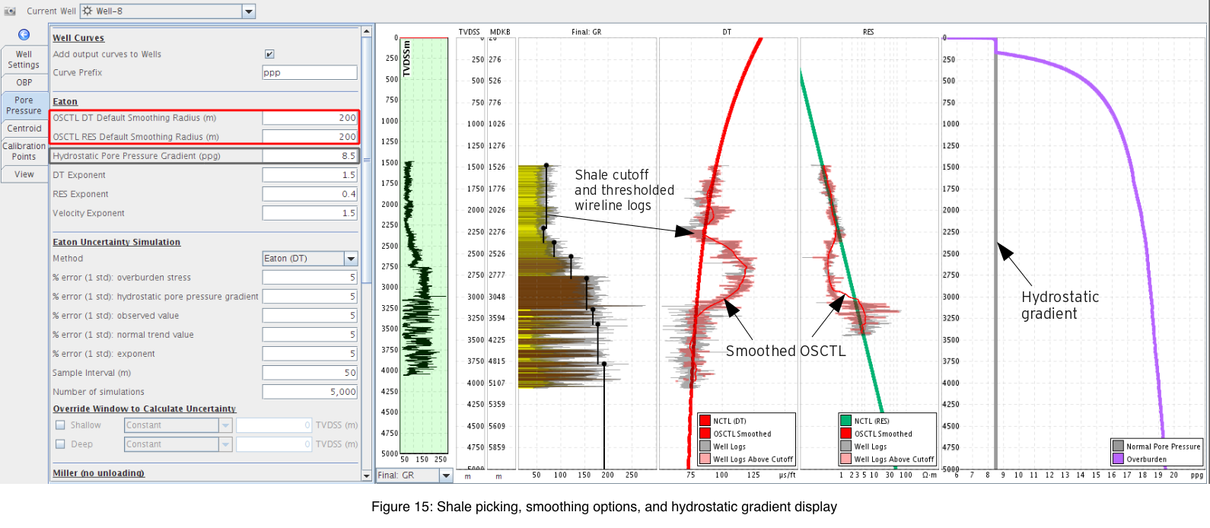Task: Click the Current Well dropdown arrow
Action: (249, 11)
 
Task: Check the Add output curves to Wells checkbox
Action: (269, 54)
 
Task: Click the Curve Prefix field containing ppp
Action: (310, 72)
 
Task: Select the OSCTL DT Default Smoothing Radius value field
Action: (310, 118)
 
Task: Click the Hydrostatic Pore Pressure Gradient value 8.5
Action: (310, 156)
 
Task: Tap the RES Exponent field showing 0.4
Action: (310, 194)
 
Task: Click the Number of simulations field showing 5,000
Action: (310, 392)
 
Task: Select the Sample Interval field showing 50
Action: (310, 373)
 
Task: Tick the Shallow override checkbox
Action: (61, 425)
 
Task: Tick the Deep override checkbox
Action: (61, 444)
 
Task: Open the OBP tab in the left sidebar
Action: (24, 83)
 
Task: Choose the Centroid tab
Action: (24, 129)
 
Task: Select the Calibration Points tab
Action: (24, 151)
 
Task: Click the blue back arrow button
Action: (24, 34)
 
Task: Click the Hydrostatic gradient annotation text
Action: (1060, 305)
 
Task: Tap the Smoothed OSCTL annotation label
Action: (785, 351)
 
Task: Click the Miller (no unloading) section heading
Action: (98, 473)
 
